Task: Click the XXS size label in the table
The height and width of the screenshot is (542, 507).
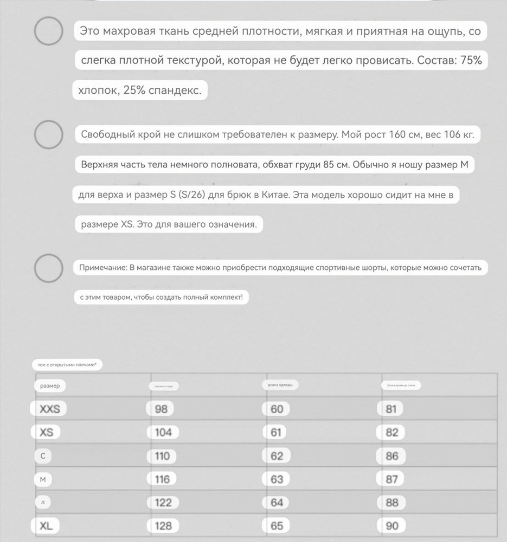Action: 50,409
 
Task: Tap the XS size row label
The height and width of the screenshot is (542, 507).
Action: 47,432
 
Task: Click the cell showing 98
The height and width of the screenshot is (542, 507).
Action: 161,409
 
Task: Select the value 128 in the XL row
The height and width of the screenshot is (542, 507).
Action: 163,525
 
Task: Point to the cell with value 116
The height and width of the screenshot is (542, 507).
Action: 162,479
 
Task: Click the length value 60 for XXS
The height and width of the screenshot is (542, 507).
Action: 277,409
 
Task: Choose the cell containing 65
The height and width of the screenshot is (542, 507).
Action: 277,525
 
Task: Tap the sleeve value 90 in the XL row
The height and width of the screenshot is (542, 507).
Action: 392,525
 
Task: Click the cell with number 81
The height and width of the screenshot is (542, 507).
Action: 391,409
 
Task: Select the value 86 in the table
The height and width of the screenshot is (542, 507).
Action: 392,456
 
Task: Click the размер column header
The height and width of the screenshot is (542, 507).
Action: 50,385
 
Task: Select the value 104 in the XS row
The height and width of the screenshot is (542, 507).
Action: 163,432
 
